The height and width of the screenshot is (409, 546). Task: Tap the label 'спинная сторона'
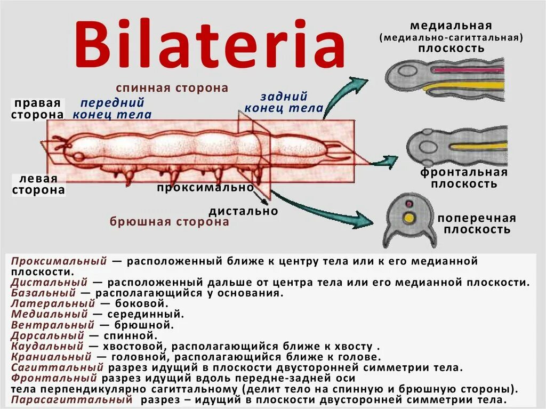click(172, 88)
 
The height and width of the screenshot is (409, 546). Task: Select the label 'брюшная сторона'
click(170, 222)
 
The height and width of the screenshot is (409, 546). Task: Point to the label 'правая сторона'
click(38, 109)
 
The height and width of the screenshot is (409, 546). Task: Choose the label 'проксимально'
click(205, 188)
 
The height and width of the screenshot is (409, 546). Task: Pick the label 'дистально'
click(244, 211)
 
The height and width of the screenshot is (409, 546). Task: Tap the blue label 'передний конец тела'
click(112, 109)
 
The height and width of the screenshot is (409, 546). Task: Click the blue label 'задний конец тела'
click(284, 102)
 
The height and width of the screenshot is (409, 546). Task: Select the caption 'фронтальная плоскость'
click(463, 178)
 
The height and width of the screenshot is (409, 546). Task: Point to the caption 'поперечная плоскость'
click(477, 224)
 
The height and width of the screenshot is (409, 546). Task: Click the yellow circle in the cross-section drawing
click(409, 218)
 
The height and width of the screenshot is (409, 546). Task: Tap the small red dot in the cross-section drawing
click(409, 204)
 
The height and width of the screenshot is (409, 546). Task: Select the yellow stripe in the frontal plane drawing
click(477, 145)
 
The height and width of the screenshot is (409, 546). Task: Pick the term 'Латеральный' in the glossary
click(51, 304)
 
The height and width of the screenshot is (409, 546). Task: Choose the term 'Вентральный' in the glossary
click(53, 325)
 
